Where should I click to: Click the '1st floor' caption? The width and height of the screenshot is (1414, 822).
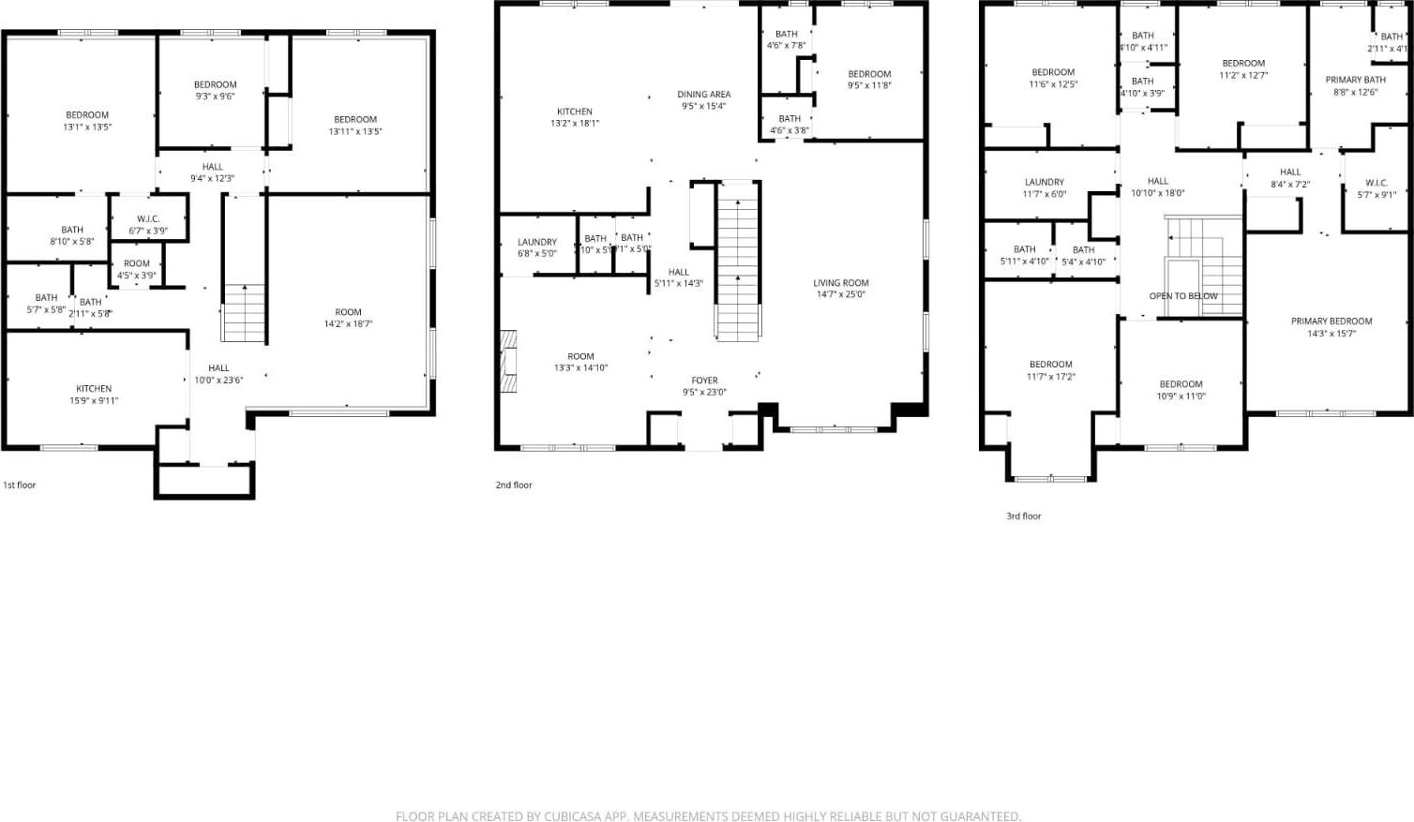point(19,485)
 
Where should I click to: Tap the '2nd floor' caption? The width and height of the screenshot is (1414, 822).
point(514,485)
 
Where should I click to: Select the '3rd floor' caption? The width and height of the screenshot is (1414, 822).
point(1024,516)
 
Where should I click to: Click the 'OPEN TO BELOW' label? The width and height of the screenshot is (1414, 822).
point(1183,296)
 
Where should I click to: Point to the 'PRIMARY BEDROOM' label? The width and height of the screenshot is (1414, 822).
point(1331,321)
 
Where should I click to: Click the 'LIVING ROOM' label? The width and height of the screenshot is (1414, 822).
point(840,282)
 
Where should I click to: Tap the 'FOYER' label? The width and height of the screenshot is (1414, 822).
point(704,381)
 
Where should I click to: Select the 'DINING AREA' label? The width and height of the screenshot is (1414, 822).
point(703,94)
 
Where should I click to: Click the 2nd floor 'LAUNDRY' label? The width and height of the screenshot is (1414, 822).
point(537,242)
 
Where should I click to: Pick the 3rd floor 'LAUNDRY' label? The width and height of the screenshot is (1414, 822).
point(1044,182)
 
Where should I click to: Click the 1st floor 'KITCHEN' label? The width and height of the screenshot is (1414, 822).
point(94,388)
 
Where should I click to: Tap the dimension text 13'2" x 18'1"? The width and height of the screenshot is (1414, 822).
point(575,123)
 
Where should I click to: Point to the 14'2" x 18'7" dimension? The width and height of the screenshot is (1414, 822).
point(348,324)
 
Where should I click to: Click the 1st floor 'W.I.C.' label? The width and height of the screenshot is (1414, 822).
point(148,218)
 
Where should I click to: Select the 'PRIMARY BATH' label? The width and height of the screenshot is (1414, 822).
point(1355,80)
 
